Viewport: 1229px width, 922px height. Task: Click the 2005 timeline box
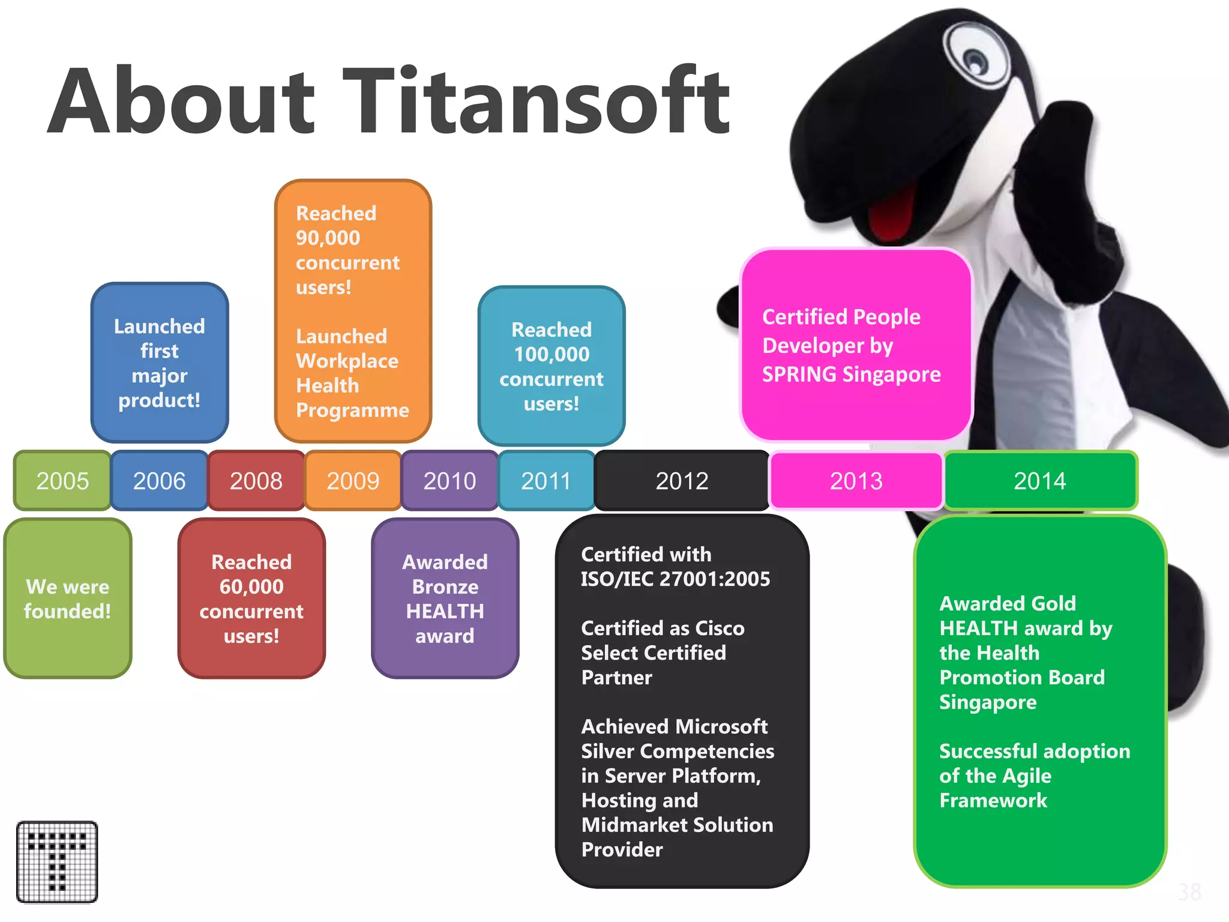(x=62, y=481)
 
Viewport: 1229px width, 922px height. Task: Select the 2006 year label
(x=159, y=481)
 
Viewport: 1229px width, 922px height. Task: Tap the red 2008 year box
(x=256, y=481)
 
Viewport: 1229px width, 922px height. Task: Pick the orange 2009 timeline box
(x=353, y=481)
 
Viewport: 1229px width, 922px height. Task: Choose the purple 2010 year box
(x=449, y=481)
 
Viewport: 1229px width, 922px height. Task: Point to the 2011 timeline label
(x=545, y=481)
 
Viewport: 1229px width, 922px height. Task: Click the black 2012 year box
(x=682, y=481)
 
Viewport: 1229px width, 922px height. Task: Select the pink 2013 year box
(x=856, y=481)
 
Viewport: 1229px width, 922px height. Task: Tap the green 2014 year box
(x=1040, y=481)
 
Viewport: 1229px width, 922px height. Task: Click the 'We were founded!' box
(x=68, y=598)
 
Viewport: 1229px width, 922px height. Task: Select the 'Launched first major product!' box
(x=160, y=363)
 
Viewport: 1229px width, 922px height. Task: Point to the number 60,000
(x=251, y=586)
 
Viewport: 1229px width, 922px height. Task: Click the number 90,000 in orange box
(x=328, y=238)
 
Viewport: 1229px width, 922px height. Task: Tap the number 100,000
(x=551, y=354)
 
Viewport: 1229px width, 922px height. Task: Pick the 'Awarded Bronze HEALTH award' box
(x=445, y=598)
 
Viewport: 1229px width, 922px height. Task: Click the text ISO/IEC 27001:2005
(x=675, y=579)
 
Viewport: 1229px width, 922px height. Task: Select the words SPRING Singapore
(x=851, y=375)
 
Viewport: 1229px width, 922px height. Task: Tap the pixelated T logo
(x=57, y=862)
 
